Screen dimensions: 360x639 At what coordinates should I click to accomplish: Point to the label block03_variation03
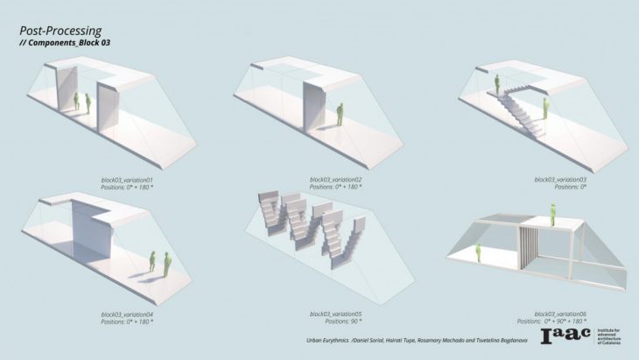point(559,179)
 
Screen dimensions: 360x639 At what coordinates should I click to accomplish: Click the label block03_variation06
point(559,313)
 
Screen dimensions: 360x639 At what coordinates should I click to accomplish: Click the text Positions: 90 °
point(336,321)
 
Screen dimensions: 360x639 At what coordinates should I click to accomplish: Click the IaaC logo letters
point(565,336)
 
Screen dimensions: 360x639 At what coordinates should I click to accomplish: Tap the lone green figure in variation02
point(339,114)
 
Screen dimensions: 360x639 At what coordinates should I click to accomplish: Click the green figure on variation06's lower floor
point(480,252)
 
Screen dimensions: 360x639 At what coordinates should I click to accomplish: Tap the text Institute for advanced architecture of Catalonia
point(612,336)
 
